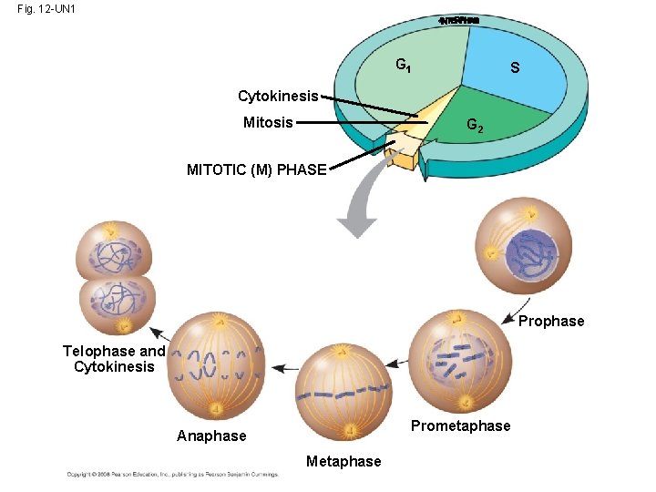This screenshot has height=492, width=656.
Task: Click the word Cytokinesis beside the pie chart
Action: click(278, 96)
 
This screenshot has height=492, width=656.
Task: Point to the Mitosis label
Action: click(268, 122)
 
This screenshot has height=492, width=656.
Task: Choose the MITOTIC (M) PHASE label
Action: click(256, 169)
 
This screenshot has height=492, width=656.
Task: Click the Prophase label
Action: click(551, 321)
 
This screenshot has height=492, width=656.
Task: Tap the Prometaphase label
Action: click(460, 426)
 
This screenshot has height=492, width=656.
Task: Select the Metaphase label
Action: click(343, 461)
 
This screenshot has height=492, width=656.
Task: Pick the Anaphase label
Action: click(211, 436)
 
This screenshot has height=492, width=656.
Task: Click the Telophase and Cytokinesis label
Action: click(114, 359)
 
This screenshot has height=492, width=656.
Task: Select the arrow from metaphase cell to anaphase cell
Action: click(285, 367)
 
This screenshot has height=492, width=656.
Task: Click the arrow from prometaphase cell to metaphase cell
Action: click(397, 364)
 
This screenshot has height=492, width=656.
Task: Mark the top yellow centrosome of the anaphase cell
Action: click(219, 321)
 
